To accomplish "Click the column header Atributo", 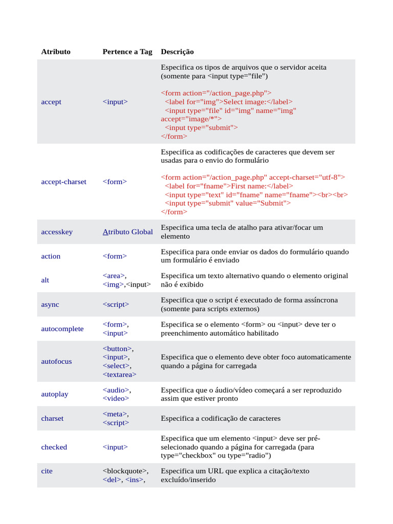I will pos(56,52).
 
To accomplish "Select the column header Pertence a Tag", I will pos(127,52).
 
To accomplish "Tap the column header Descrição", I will pos(177,52).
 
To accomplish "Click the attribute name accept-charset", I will pos(63,182).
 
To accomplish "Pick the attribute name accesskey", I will pos(57,232).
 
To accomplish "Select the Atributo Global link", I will pos(127,232).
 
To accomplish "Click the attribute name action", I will pos(51,256).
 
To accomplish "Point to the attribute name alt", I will pos(46,280).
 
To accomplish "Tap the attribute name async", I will pos(50,304).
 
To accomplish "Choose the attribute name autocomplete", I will pos(62,329).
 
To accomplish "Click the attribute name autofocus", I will pos(56,361).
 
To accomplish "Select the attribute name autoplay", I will pos(54,394).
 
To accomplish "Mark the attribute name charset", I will pos(52,419).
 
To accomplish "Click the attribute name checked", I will pos(54,447).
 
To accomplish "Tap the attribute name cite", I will pos(47,471).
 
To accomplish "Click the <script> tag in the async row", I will pos(116,304).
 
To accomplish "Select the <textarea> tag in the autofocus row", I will pos(119,375).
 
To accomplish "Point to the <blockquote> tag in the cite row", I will pos(125,471).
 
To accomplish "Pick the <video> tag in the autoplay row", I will pos(116,399).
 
